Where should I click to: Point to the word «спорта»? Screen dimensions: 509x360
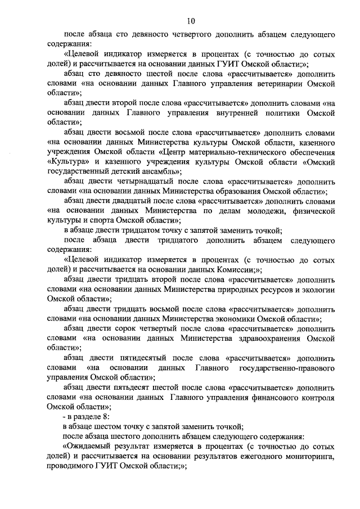(105, 220)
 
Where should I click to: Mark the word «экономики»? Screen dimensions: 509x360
(239, 318)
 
